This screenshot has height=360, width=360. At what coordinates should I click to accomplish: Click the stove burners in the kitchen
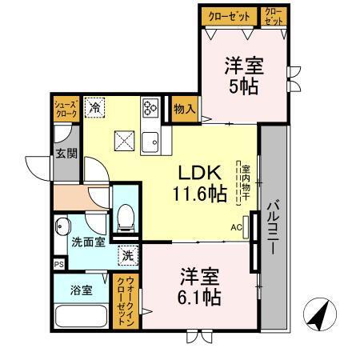tap(150, 109)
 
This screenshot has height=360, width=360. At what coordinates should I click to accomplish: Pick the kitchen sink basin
tap(150, 142)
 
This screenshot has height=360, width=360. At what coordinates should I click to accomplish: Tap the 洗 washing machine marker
tap(128, 256)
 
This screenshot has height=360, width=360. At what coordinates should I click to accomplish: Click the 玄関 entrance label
tap(66, 152)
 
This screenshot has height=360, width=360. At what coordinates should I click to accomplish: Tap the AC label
tap(237, 227)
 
